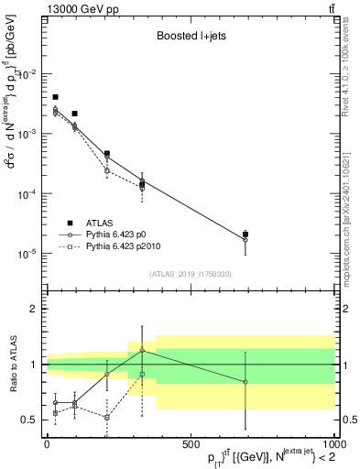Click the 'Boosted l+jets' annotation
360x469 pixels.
(189, 38)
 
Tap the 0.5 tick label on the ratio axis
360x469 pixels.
(29, 420)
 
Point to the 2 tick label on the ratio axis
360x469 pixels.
(35, 309)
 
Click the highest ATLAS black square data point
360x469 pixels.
(55, 97)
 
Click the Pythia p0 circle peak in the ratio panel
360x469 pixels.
(142, 350)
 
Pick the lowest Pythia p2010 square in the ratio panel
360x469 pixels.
(107, 417)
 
